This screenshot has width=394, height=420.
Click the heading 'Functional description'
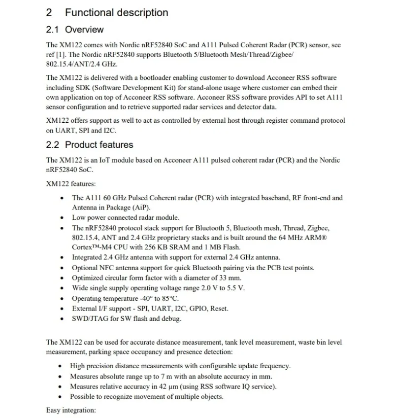[116, 13]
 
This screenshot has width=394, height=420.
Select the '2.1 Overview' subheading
[75, 30]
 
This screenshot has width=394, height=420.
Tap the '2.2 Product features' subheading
[90, 145]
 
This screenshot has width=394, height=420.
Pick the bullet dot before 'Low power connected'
[62, 218]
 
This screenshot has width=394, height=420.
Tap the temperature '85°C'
[170, 299]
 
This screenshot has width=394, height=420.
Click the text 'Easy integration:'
[71, 410]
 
